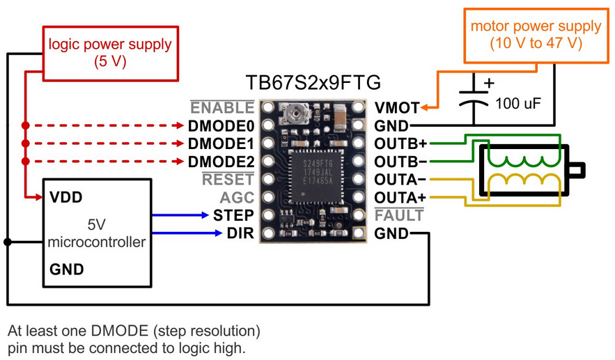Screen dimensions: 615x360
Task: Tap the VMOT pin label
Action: pos(397,108)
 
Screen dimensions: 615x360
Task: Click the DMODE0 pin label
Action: pos(221,126)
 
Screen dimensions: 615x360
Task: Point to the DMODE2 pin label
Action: pos(221,162)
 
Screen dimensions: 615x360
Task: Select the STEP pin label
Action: pos(233,215)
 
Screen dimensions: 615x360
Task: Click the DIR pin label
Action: pos(240,233)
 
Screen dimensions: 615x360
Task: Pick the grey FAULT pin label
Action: pos(399,215)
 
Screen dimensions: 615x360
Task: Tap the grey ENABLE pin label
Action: pos(222,107)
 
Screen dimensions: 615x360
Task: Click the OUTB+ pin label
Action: pos(400,143)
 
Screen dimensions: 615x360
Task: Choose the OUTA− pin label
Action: pos(400,180)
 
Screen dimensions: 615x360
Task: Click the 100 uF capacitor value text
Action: pos(517,104)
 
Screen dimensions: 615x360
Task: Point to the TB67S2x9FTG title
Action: pos(313,82)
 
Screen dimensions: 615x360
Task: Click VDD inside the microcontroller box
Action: pos(66,197)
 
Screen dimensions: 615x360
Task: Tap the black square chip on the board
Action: pos(317,176)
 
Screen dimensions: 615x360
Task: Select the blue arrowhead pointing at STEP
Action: pos(204,215)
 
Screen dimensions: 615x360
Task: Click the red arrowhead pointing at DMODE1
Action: pos(180,143)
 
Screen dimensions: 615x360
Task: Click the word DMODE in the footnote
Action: pos(119,331)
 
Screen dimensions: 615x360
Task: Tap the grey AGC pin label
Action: pos(237,198)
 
